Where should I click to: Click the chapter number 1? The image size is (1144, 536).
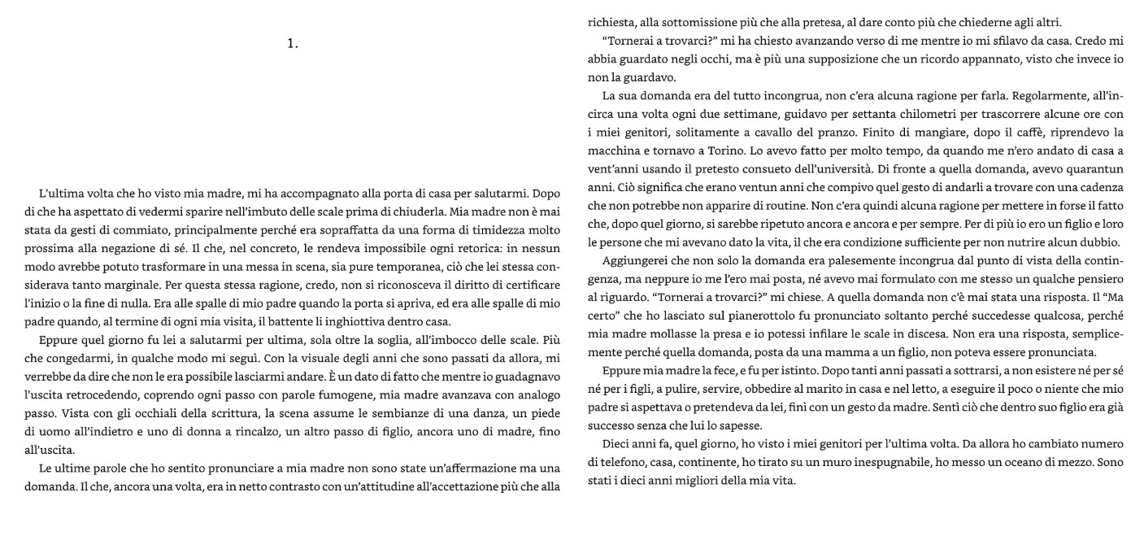coord(293,44)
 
